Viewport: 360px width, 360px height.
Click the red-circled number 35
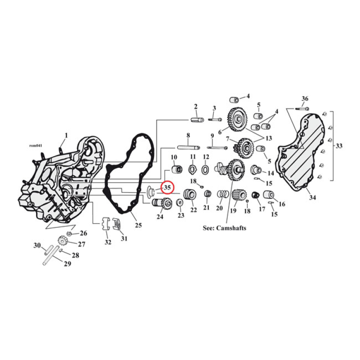tap(166, 187)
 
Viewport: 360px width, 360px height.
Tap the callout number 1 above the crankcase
tap(66, 135)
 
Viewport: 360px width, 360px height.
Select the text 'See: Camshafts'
tap(225, 228)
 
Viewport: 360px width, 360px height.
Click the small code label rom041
tap(36, 145)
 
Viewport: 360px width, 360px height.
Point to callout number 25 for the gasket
tap(138, 225)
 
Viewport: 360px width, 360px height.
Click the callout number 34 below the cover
tap(311, 198)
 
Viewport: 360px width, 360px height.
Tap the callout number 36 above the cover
tap(305, 99)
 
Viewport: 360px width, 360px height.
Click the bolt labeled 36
tap(302, 108)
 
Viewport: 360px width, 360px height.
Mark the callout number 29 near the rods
tap(67, 264)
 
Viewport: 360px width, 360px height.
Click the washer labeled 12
tap(205, 170)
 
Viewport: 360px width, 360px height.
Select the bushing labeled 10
tap(176, 170)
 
